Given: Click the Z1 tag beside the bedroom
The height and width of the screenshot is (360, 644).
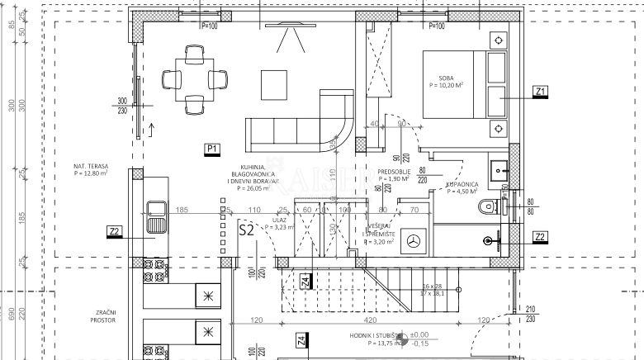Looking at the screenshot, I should tap(540, 91).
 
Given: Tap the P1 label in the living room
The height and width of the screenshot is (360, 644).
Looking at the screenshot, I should tap(212, 149).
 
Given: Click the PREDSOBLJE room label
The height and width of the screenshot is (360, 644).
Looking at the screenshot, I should tap(394, 173).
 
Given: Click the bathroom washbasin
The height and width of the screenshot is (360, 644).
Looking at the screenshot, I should tap(499, 170).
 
